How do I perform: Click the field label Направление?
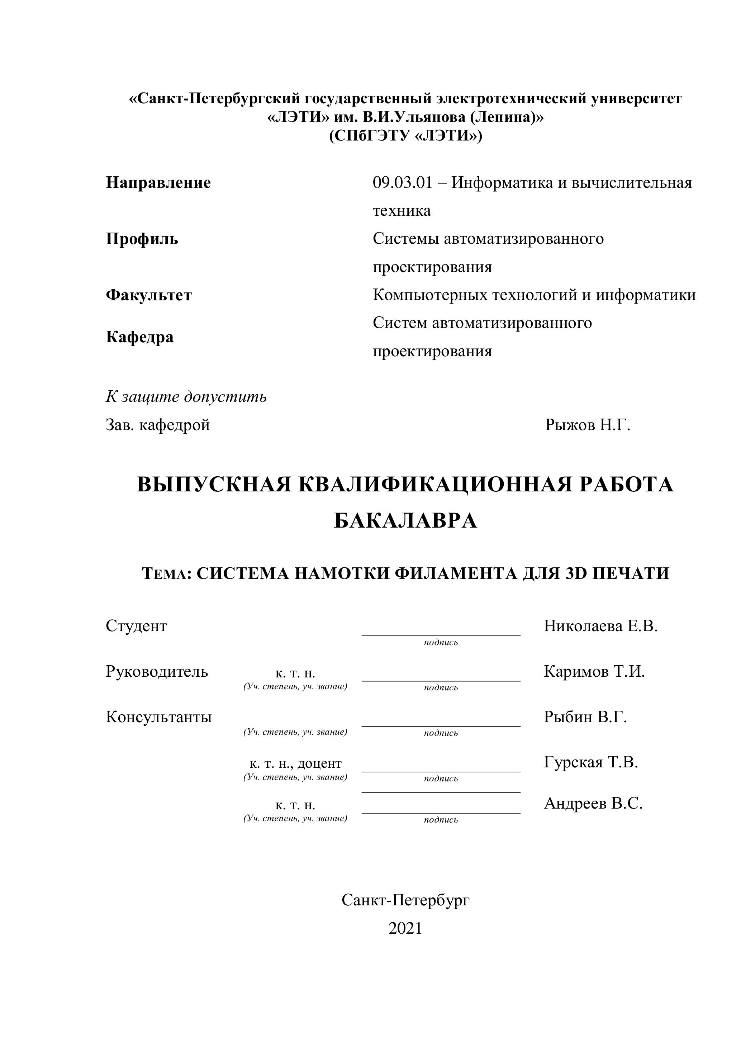tap(158, 183)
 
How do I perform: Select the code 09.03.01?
tap(402, 183)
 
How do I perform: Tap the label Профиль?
tap(142, 239)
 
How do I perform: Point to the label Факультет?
tap(149, 295)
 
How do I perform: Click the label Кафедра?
tap(140, 337)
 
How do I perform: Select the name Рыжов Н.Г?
tap(588, 425)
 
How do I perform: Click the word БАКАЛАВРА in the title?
tap(405, 520)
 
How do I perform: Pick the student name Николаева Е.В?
tap(600, 626)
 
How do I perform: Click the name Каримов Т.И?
tap(594, 671)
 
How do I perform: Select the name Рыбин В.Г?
tap(585, 717)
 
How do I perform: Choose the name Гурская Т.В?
tap(591, 762)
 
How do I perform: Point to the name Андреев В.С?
tap(593, 803)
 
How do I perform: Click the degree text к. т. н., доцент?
tap(295, 763)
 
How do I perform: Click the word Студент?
tap(137, 626)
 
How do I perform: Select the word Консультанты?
tap(159, 717)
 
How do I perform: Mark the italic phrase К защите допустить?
tap(186, 397)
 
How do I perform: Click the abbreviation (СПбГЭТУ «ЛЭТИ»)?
tap(405, 136)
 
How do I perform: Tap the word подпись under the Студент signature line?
tap(441, 643)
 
